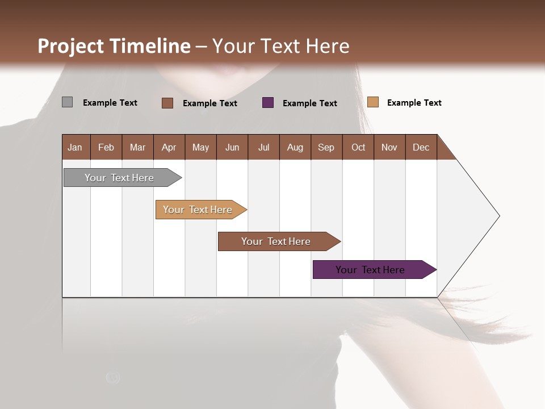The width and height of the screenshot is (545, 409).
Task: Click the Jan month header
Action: pyautogui.click(x=76, y=147)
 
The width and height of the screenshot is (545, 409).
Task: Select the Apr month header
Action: pyautogui.click(x=169, y=147)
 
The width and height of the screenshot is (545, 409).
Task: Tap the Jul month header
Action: pyautogui.click(x=263, y=147)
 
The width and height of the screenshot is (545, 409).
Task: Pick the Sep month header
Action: pyautogui.click(x=326, y=147)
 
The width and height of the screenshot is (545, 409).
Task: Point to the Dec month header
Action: pyautogui.click(x=421, y=147)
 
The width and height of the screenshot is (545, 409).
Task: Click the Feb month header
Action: pyautogui.click(x=106, y=147)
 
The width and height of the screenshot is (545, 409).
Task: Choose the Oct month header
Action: pyautogui.click(x=358, y=147)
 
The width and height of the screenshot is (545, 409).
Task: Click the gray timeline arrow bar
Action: pyautogui.click(x=119, y=178)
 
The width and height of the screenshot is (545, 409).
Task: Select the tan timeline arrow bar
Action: pyautogui.click(x=198, y=210)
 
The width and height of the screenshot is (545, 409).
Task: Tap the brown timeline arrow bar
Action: pyautogui.click(x=276, y=241)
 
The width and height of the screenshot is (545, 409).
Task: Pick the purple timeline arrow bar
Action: pyautogui.click(x=370, y=270)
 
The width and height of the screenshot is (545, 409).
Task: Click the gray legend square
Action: pyautogui.click(x=67, y=102)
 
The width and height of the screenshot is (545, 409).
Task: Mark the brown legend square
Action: pyautogui.click(x=167, y=103)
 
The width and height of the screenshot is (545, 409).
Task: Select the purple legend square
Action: pyautogui.click(x=268, y=103)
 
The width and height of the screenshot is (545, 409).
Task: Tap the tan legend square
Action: pyautogui.click(x=372, y=102)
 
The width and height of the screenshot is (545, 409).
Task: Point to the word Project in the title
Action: pyautogui.click(x=71, y=46)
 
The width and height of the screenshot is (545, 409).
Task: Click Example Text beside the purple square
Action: pyautogui.click(x=309, y=103)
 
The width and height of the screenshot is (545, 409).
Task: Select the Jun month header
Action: pyautogui.click(x=232, y=147)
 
